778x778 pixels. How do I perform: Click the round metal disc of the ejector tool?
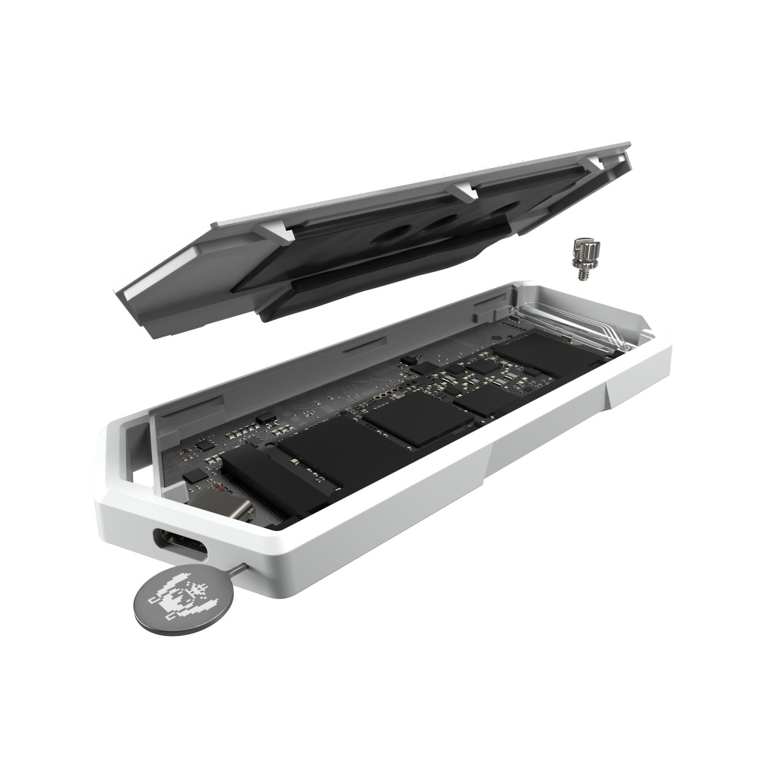coord(174,596)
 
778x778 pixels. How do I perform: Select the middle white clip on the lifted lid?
coord(464,192)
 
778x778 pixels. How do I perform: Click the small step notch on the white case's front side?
coord(609,396)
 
